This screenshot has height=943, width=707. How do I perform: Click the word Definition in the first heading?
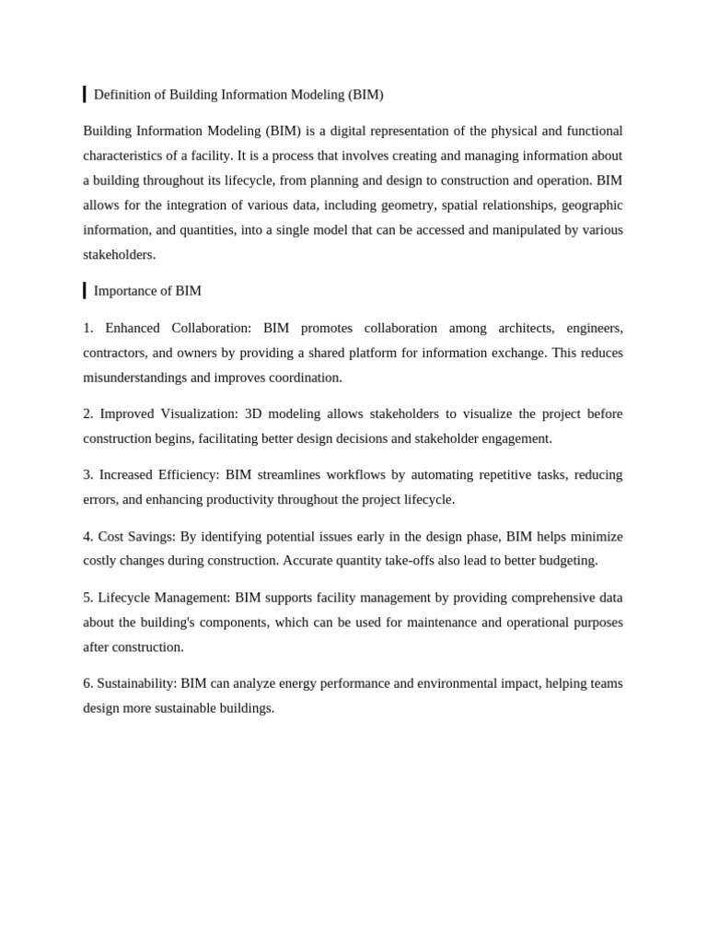(123, 95)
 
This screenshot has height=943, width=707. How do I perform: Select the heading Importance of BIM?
(147, 291)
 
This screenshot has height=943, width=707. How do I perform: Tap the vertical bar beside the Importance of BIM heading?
(85, 291)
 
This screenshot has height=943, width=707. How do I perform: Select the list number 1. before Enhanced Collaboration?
(88, 329)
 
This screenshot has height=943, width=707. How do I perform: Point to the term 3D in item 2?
(254, 414)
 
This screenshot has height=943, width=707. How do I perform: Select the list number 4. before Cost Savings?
(88, 537)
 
